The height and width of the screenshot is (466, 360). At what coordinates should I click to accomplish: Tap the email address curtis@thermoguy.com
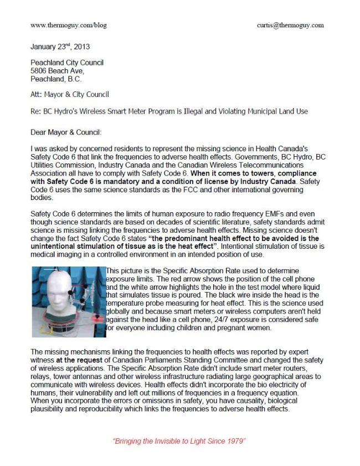291,25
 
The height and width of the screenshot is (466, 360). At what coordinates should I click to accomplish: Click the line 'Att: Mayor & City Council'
70,95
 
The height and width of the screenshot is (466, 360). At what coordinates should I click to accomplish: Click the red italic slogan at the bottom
179,442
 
